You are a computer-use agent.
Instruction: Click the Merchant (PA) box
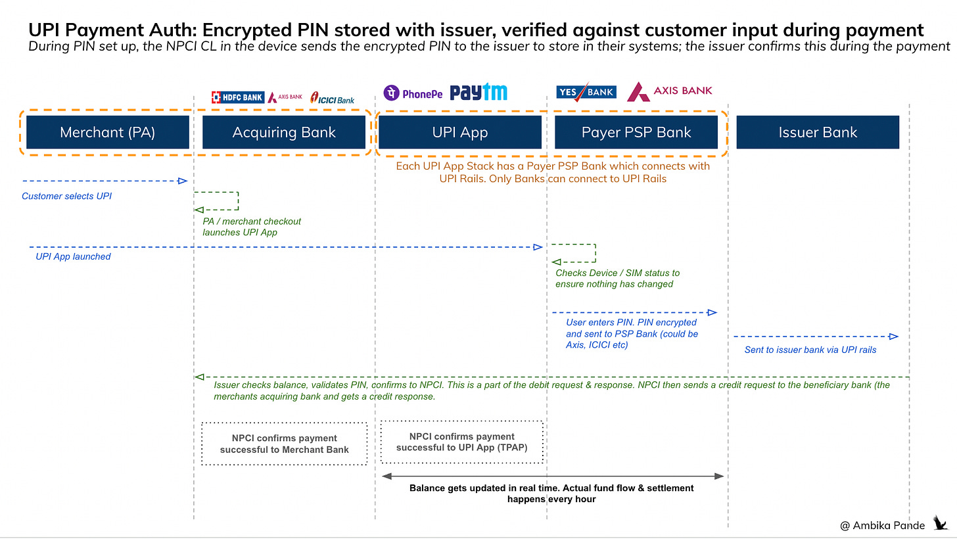pos(108,132)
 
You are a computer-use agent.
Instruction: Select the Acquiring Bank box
pos(284,132)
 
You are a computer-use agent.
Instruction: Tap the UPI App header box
pos(460,132)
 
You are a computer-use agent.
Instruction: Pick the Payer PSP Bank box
pos(636,132)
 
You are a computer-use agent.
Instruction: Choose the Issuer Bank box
pos(818,132)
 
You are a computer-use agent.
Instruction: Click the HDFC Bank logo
pos(237,97)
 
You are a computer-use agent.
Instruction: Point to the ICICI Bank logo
pos(333,99)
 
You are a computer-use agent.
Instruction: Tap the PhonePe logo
pos(413,93)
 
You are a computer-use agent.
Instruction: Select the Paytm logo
pos(478,93)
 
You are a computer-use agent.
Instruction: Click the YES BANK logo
pos(586,92)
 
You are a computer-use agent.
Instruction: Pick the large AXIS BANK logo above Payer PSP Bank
pos(670,91)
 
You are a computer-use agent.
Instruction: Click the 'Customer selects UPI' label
pos(66,196)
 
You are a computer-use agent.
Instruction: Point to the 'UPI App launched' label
pos(73,256)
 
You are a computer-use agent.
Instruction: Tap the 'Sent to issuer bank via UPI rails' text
pos(810,350)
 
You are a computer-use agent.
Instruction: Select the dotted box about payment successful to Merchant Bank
pos(284,444)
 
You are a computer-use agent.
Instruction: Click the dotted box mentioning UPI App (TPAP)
pos(461,442)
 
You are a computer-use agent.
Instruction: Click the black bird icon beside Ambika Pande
pos(941,523)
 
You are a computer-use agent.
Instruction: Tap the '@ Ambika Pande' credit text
pos(882,525)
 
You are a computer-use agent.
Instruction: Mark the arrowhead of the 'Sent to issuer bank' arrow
pos(893,337)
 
